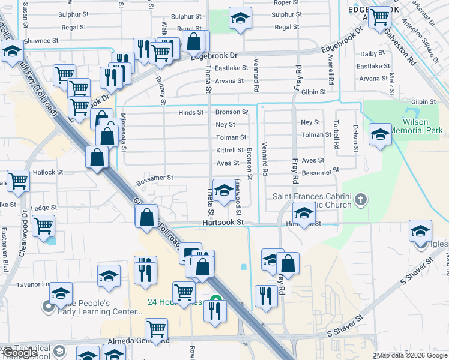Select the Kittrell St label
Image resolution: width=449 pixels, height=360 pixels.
pyautogui.click(x=230, y=150)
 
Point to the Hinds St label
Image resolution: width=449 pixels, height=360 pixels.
pyautogui.click(x=191, y=112)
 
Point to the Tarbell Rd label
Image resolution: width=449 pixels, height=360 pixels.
pyautogui.click(x=336, y=137)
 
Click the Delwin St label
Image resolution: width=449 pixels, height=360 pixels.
pyautogui.click(x=355, y=138)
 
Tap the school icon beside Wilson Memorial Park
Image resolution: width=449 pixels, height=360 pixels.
pyautogui.click(x=380, y=134)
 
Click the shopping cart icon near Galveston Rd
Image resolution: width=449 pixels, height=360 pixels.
pyautogui.click(x=379, y=17)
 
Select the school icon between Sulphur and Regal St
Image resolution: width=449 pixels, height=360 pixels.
pyautogui.click(x=240, y=19)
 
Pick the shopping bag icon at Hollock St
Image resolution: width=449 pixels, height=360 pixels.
pyautogui.click(x=97, y=158)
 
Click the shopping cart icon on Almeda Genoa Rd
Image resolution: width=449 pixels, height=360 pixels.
pyautogui.click(x=156, y=328)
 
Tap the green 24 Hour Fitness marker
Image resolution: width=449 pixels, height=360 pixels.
pyautogui.click(x=214, y=298)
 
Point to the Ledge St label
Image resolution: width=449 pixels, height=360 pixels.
pyautogui.click(x=43, y=208)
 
